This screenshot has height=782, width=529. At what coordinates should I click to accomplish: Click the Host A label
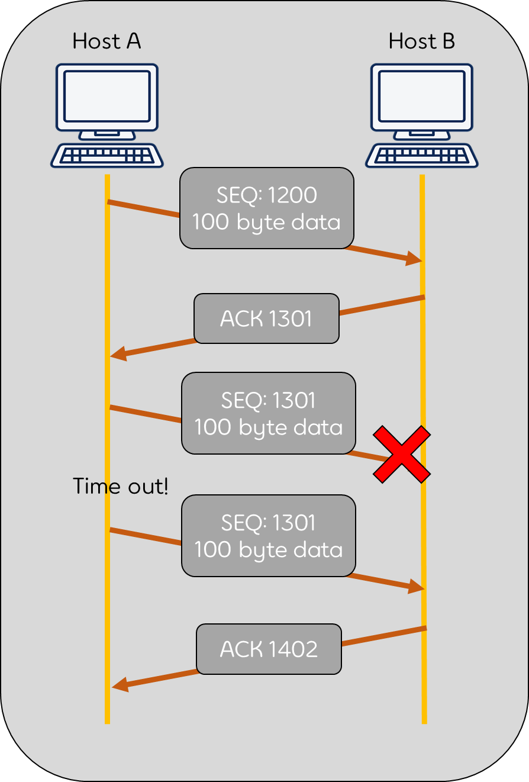click(107, 41)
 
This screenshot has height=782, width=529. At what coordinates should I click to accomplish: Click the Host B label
click(422, 41)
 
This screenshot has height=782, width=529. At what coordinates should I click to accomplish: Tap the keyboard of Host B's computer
click(422, 156)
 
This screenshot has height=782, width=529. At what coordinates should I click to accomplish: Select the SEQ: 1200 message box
click(267, 208)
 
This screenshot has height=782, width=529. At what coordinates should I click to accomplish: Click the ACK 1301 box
click(266, 318)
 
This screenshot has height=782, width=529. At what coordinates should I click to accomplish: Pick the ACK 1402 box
click(269, 649)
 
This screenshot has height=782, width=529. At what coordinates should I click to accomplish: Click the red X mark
click(402, 453)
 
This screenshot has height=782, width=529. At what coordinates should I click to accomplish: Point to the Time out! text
click(121, 486)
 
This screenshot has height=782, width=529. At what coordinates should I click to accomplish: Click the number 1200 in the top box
click(292, 195)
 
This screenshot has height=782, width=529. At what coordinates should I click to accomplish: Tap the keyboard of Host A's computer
click(107, 156)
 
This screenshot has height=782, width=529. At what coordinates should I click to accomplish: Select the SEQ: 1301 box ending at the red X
click(269, 413)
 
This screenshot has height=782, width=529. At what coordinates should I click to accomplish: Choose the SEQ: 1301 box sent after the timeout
click(269, 536)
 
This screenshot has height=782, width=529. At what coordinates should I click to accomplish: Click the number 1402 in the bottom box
click(293, 649)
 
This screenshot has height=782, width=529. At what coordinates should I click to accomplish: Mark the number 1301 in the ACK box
click(290, 319)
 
